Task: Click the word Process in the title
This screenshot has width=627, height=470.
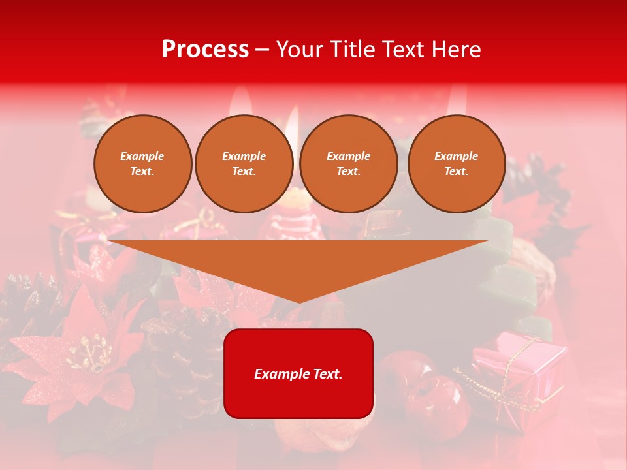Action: tap(205, 50)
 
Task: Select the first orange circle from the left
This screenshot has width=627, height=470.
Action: tap(142, 164)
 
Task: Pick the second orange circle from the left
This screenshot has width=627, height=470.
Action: tap(244, 164)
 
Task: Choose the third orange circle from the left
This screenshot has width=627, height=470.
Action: tap(349, 164)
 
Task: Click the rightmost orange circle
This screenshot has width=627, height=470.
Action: tap(457, 164)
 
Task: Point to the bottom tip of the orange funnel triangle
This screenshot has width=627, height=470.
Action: tap(298, 302)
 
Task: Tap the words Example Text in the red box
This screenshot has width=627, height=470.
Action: tap(298, 374)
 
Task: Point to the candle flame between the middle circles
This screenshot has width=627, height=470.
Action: tap(291, 131)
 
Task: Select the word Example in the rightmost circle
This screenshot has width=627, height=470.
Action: tap(457, 156)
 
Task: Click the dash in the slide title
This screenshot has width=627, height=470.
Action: tap(262, 50)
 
